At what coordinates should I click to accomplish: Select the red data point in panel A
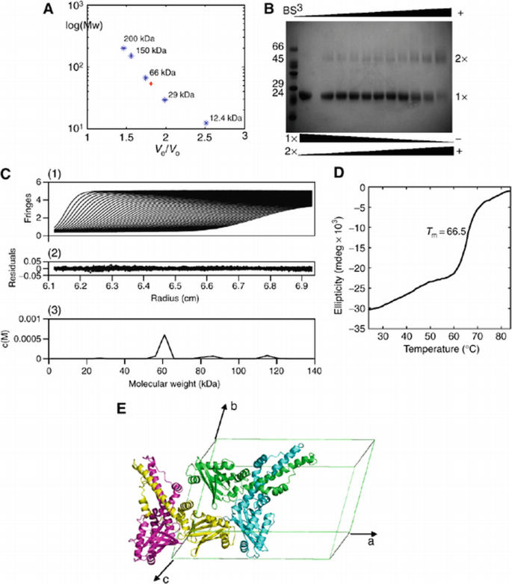(x=151, y=84)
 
